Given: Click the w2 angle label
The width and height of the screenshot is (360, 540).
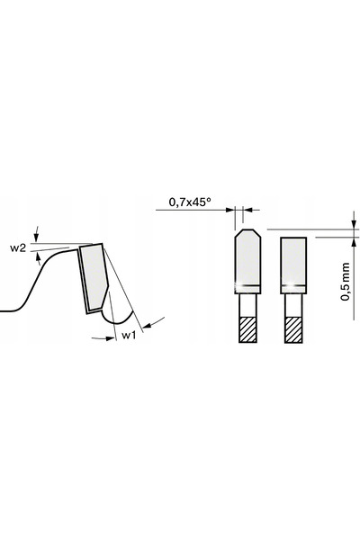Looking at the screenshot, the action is (18, 248).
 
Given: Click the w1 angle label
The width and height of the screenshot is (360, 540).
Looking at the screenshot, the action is (130, 335).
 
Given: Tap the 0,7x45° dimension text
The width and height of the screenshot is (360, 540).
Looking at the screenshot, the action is (190, 202).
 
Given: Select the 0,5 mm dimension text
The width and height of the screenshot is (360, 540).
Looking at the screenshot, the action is (345, 282).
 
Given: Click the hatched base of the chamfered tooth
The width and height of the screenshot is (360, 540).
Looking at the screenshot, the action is (247, 329).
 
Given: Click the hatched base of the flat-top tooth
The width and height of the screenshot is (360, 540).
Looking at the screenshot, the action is (293, 329).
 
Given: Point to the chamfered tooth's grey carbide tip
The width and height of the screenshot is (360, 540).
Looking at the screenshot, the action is (247, 261).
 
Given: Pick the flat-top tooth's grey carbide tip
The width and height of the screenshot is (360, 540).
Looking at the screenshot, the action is (293, 265).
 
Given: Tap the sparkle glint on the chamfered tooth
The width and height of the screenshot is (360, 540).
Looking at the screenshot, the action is (237, 284).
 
